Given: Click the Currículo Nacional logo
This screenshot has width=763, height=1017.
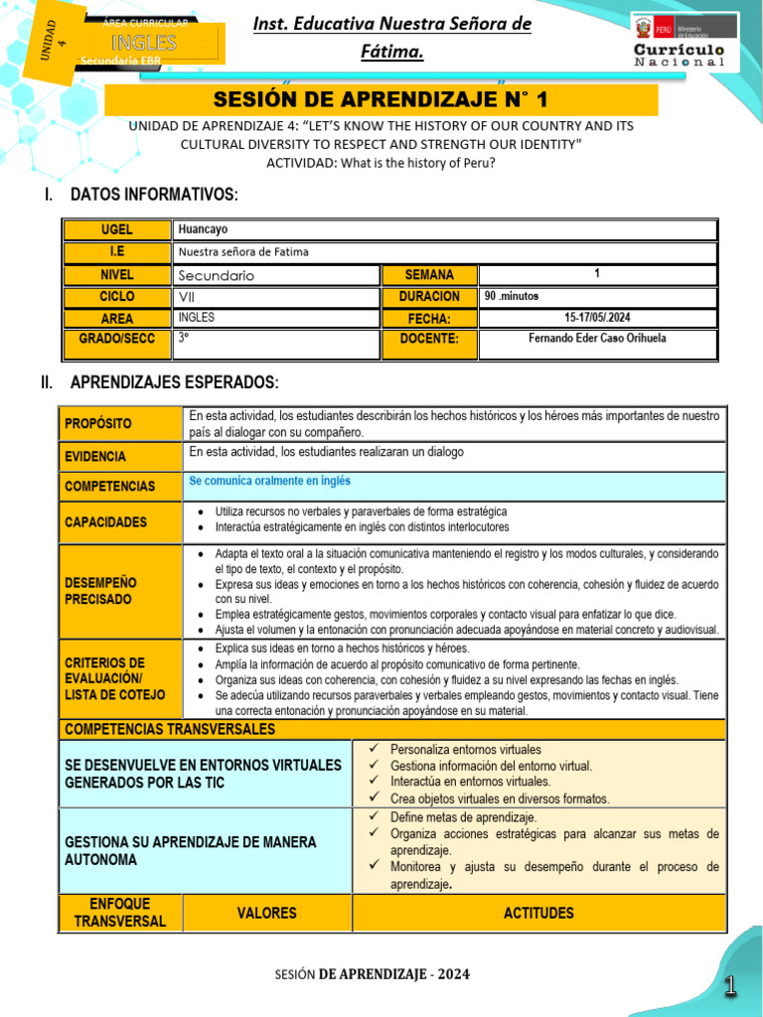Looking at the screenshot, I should point(680,41).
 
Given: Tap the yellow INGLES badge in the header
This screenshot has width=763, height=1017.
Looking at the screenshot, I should point(144,43).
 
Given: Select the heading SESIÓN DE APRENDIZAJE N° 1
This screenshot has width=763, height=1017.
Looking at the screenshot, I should point(381,99).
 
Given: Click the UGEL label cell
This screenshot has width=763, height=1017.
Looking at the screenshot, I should point(116,229).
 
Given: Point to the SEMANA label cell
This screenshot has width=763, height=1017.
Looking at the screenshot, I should point(429,275).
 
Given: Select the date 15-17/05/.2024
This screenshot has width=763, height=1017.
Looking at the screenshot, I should point(597,318).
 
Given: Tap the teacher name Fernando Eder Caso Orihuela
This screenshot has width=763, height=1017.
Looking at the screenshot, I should point(597,339).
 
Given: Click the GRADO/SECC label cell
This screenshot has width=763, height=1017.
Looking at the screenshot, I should point(116,339).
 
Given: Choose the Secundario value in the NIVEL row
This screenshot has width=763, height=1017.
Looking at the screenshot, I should point(217,275).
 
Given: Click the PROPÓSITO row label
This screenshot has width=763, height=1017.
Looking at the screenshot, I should point(97,424).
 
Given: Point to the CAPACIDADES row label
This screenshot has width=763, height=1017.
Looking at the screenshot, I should point(105,521).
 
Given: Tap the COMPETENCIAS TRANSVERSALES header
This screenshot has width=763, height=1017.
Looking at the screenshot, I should point(170,730).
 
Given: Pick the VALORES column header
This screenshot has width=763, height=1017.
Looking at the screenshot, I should point(266,913).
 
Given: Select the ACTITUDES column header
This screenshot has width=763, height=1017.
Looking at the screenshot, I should point(538,913).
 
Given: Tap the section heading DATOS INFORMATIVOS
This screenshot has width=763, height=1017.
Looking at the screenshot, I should point(154,194).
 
